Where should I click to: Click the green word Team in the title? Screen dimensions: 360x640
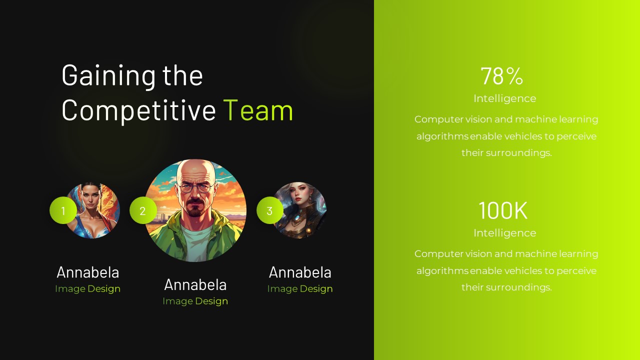pos(258,110)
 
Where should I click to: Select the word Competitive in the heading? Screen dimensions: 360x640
pos(138,110)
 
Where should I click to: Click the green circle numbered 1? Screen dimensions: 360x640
pos(63,211)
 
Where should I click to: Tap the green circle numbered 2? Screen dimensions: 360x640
pos(142,211)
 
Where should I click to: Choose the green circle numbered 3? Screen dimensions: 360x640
pos(269,211)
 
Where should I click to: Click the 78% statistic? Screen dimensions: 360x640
pos(502,76)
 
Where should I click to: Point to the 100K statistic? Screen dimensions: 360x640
pos(503,210)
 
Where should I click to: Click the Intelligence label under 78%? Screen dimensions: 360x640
pos(504,98)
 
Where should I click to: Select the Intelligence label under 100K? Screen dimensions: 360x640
pos(504,233)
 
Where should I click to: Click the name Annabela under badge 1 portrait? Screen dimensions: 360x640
pos(88,272)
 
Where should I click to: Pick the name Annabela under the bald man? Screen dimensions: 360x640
pos(195,285)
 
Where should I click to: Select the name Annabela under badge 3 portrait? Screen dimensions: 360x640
pos(300,272)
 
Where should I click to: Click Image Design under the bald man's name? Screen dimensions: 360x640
pos(195,301)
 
